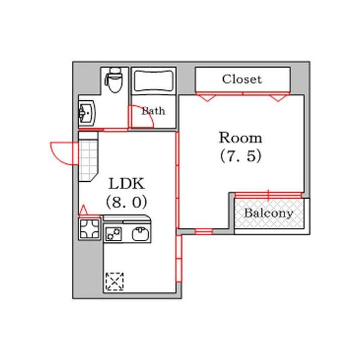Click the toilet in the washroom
tap(114, 80)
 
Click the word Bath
tap(154, 111)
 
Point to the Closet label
tap(242, 79)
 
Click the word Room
tap(240, 137)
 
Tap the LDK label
tap(127, 183)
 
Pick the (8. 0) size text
tap(127, 202)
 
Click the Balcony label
tap(268, 213)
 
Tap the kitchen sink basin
tap(141, 233)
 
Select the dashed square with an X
tap(114, 281)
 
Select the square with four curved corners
tap(89, 229)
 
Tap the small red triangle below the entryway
tap(84, 210)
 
